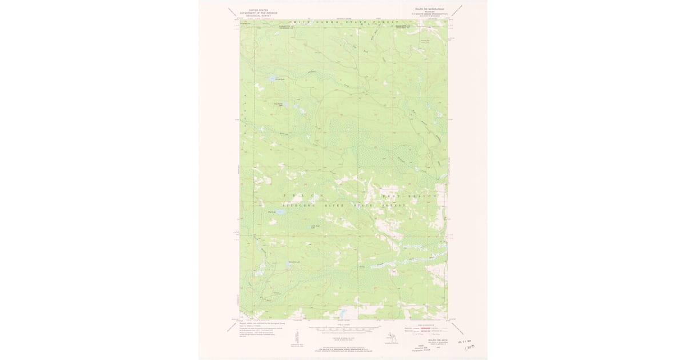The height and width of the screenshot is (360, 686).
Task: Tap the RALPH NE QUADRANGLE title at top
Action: coord(427,10)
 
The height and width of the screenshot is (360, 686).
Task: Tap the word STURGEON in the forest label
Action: coord(300,205)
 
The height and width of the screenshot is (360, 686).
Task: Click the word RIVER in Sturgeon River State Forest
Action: coord(338,205)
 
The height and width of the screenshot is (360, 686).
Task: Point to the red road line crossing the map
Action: coord(343,235)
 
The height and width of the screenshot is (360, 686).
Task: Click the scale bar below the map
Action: coord(344,330)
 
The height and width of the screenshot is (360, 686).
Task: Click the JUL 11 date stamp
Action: coord(466,341)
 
